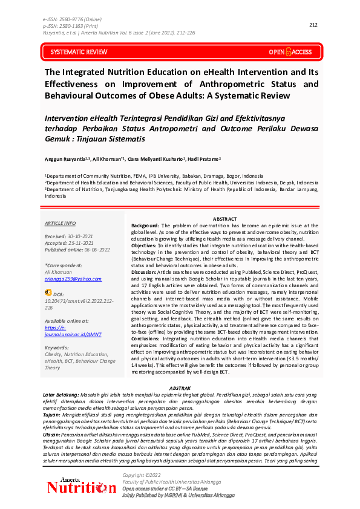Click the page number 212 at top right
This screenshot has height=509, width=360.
tap(313, 25)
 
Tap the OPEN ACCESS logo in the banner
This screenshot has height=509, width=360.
tap(290, 53)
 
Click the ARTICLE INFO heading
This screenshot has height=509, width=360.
tap(61, 223)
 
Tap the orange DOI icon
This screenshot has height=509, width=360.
tap(48, 292)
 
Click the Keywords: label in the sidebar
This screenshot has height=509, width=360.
tap(57, 348)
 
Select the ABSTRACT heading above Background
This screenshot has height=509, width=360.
tap(225, 218)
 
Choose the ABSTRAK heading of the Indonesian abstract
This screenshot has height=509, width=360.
tap(180, 387)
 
